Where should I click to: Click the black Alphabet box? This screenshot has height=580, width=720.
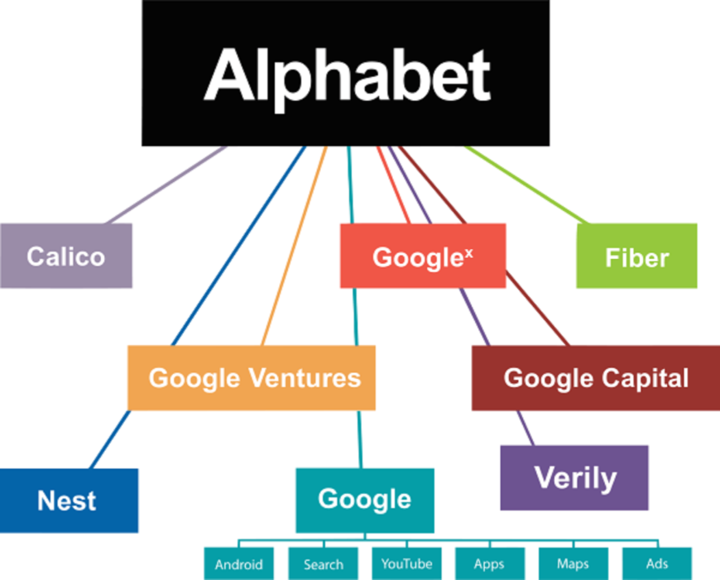(345, 73)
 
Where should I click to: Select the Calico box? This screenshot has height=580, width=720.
(66, 256)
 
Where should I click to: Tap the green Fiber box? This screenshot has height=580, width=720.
(636, 256)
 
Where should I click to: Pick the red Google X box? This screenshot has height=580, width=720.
(423, 256)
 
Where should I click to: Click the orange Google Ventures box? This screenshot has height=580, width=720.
(252, 377)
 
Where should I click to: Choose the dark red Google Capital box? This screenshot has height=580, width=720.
(596, 378)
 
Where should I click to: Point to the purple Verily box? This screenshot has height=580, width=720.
(574, 477)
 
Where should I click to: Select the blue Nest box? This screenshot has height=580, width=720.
(69, 501)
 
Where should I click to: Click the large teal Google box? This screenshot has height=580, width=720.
(365, 501)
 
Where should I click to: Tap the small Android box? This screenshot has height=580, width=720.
(239, 563)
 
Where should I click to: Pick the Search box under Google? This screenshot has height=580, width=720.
(324, 563)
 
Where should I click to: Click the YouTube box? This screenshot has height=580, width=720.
(407, 563)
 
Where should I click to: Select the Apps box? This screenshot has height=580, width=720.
(490, 563)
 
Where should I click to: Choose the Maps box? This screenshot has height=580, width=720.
(574, 563)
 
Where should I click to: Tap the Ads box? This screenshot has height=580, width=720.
(657, 563)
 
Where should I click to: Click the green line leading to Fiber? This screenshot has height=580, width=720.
(526, 185)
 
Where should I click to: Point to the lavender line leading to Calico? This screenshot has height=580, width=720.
(166, 185)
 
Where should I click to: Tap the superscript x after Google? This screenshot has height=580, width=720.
(468, 252)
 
